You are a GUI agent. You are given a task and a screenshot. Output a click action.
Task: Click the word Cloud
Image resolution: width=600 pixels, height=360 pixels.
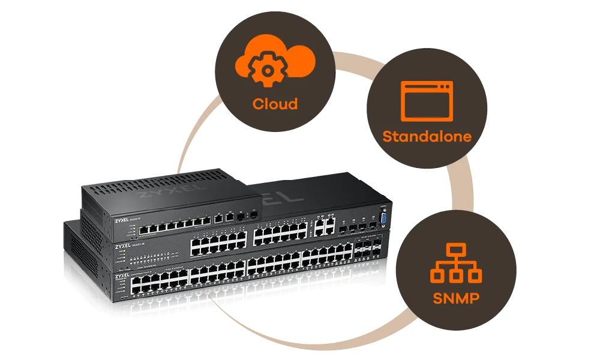275,104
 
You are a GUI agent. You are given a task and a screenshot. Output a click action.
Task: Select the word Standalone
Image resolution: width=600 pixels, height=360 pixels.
427,136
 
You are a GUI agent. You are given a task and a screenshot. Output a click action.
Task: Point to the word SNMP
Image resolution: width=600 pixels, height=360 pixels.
457,298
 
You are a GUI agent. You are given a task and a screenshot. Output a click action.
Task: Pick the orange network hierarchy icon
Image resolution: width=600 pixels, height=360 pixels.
456,265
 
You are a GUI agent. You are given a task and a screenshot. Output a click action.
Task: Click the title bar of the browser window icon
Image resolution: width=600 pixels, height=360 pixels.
427,86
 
